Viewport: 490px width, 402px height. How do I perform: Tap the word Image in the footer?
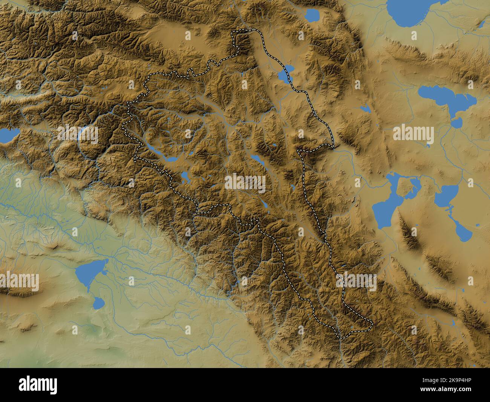pyautogui.click(x=414, y=380)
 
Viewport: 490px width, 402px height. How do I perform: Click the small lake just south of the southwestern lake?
pyautogui.click(x=99, y=302)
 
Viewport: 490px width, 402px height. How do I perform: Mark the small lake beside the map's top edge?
pyautogui.click(x=312, y=15)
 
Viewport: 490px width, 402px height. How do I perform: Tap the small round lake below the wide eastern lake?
pyautogui.click(x=456, y=123)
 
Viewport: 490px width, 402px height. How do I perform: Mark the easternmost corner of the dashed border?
pyautogui.click(x=372, y=323)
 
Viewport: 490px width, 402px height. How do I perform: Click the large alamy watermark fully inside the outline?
pyautogui.click(x=245, y=183)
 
